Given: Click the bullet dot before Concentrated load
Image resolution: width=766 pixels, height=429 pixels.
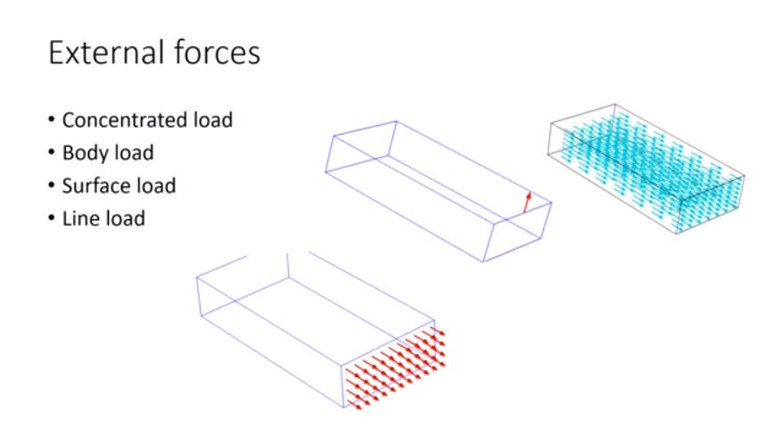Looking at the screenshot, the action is [x=53, y=120].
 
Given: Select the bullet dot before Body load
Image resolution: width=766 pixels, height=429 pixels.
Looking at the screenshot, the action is [x=53, y=153].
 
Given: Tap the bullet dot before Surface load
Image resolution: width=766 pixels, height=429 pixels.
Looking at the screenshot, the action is [x=53, y=186].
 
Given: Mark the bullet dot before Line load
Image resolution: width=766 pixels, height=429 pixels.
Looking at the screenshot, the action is [x=53, y=219].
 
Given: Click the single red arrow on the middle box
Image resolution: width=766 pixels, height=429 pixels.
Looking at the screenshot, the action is [x=527, y=202].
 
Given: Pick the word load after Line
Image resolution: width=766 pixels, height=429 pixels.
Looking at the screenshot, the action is [x=125, y=218].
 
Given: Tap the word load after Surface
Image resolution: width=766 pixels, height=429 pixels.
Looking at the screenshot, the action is [x=157, y=186].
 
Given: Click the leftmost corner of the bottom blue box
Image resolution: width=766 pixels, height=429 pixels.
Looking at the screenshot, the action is [x=197, y=276].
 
